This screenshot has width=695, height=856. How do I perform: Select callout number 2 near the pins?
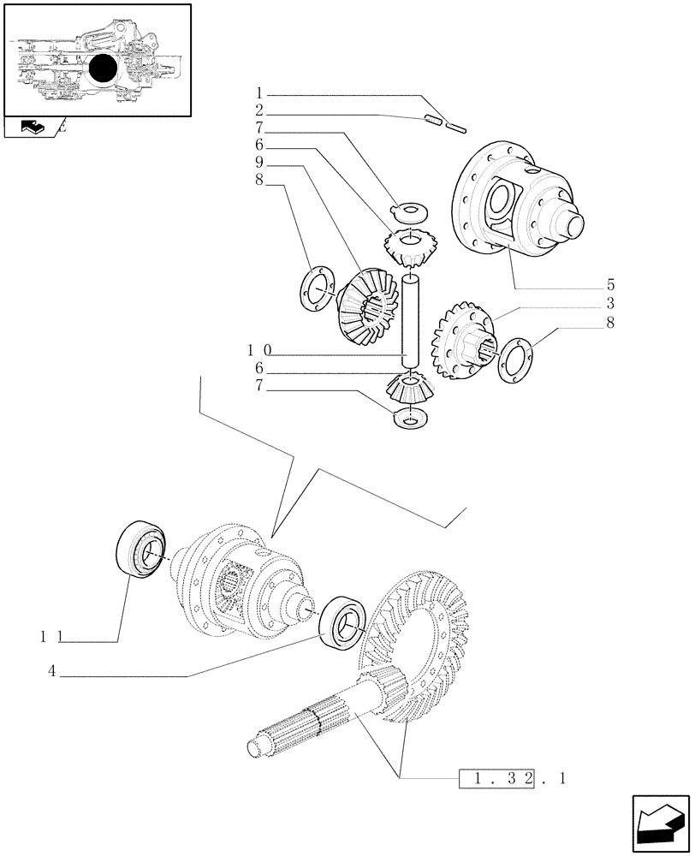(259, 112)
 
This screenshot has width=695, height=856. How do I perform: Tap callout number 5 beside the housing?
(611, 284)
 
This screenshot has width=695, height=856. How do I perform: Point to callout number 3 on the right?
(611, 304)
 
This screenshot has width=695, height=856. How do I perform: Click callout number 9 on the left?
(259, 163)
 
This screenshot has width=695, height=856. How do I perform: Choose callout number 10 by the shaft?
(259, 350)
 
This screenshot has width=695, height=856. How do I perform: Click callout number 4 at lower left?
(52, 673)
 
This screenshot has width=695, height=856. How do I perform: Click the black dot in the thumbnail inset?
(104, 69)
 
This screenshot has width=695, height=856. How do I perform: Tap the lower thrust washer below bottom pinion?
(411, 419)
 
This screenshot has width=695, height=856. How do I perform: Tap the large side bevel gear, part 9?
(364, 308)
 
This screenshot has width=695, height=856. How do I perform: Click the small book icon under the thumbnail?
(30, 128)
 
